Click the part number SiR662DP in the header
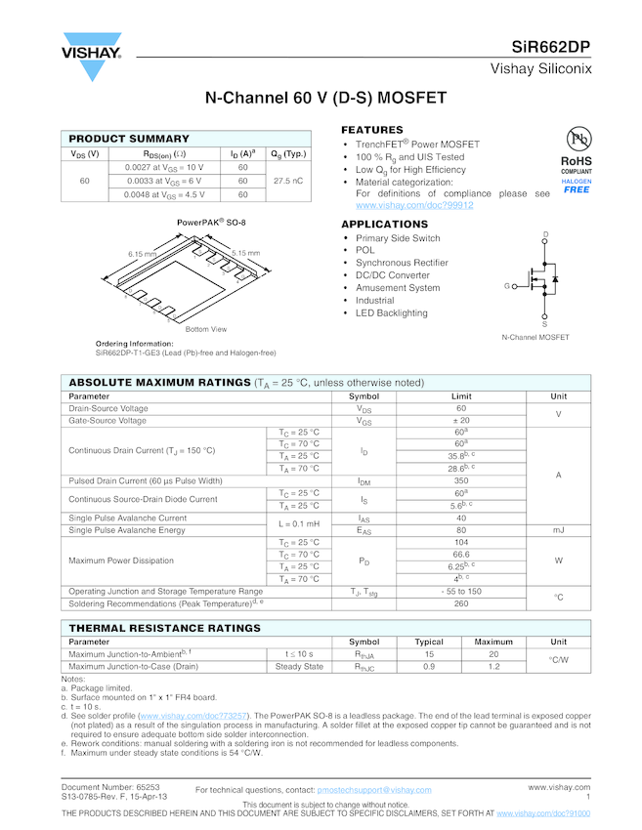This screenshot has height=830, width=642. click(551, 47)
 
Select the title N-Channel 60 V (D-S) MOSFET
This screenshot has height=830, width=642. click(325, 99)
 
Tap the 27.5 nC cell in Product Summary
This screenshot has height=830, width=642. click(287, 181)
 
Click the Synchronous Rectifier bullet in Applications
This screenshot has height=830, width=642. click(402, 263)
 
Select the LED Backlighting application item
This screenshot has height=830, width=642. click(391, 313)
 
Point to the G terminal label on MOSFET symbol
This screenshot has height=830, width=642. click(507, 286)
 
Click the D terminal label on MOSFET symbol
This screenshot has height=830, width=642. click(545, 234)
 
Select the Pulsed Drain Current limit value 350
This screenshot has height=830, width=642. click(461, 481)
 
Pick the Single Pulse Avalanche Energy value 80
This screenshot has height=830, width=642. click(461, 530)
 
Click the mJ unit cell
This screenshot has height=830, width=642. click(558, 530)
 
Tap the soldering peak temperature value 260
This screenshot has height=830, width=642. click(461, 603)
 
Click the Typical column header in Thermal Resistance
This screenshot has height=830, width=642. click(429, 642)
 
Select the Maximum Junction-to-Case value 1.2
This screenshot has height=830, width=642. click(493, 666)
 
